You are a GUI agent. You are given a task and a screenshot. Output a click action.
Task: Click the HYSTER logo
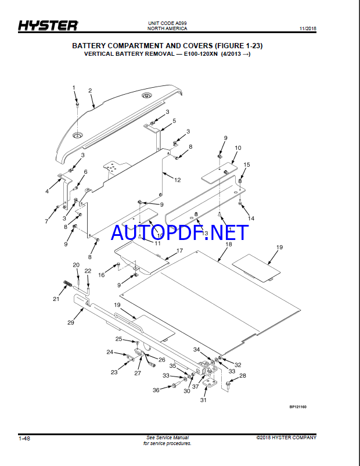[48, 26]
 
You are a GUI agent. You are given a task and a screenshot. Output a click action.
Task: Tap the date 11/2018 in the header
[308, 29]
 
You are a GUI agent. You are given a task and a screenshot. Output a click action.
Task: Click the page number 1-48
[24, 438]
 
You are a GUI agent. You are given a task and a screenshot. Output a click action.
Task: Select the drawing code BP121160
[298, 407]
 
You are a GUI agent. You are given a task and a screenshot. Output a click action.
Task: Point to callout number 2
[90, 91]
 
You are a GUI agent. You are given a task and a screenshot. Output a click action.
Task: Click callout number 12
[177, 180]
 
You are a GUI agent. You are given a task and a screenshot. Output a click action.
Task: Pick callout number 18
[228, 244]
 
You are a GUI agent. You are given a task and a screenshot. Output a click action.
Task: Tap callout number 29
[71, 322]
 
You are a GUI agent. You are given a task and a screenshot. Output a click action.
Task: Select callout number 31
[203, 400]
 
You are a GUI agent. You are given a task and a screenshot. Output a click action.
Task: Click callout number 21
[56, 299]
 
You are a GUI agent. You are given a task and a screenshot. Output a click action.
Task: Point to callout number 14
[251, 218]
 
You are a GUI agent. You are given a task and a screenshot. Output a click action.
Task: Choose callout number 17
[179, 250]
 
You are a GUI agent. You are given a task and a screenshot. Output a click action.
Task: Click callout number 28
[243, 376]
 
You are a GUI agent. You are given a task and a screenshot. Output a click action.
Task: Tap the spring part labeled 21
[68, 284]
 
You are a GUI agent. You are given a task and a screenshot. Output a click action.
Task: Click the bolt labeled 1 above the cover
[77, 105]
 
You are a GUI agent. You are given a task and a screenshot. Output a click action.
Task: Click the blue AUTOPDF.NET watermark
[179, 232]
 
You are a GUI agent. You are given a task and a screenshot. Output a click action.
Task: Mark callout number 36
[156, 390]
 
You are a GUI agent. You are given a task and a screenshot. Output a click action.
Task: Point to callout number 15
[247, 164]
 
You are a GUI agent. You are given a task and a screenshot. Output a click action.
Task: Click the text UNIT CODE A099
[167, 23]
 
